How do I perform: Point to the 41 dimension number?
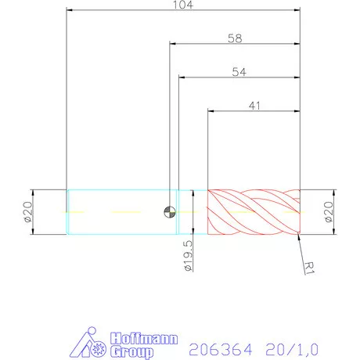click(x=254, y=104)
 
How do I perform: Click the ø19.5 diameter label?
click(x=189, y=256)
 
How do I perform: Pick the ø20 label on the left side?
click(x=26, y=211)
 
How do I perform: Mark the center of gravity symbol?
click(x=169, y=211)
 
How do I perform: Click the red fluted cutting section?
click(x=254, y=211)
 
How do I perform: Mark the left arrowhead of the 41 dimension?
click(x=211, y=110)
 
